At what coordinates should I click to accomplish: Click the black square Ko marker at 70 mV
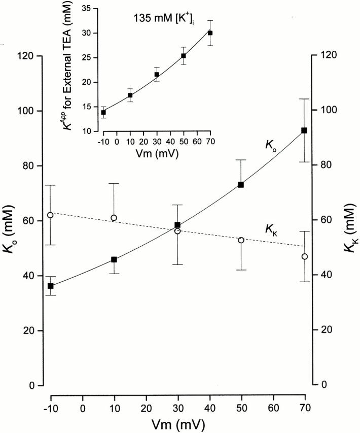coord(304,130)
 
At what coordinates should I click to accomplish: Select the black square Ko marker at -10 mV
coord(51,286)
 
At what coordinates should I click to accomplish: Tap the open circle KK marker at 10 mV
coord(114,218)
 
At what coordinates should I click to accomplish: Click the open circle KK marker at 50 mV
coord(241,240)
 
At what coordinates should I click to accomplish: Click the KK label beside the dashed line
coord(271,228)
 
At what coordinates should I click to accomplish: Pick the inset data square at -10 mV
coord(103,112)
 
